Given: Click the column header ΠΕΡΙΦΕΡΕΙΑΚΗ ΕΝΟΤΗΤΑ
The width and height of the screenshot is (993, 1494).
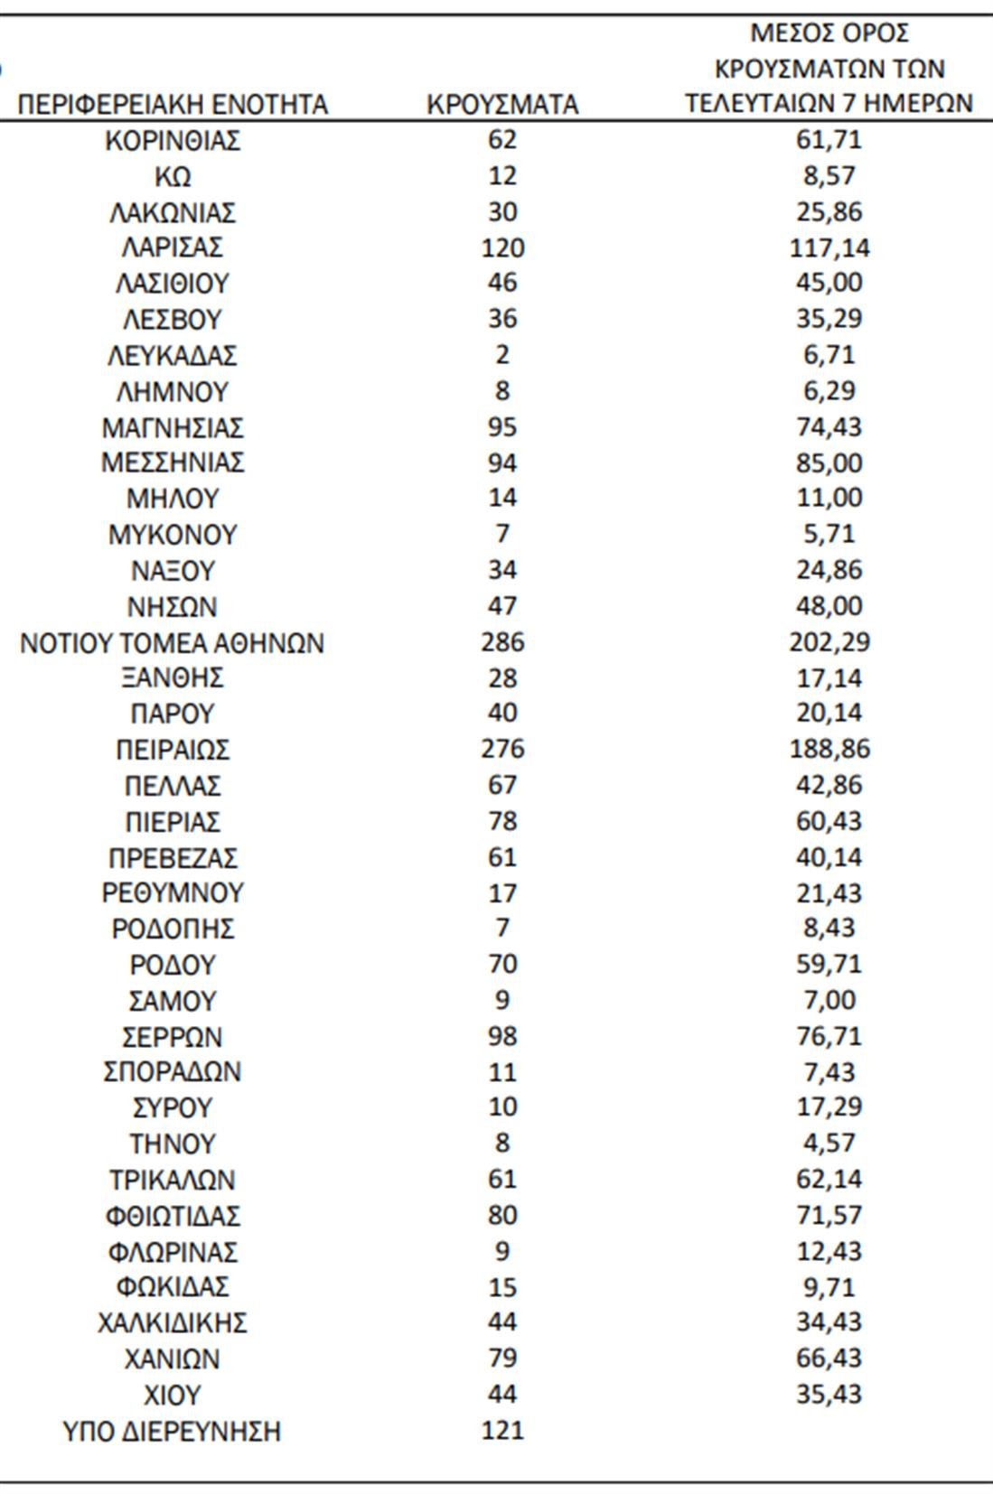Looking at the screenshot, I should pyautogui.click(x=173, y=105).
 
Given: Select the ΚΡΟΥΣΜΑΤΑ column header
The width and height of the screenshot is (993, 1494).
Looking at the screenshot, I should pyautogui.click(x=502, y=105).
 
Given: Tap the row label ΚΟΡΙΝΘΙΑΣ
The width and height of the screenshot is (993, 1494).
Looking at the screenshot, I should pyautogui.click(x=173, y=141).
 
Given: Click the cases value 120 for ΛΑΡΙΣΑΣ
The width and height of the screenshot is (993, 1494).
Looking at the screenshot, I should pyautogui.click(x=502, y=247).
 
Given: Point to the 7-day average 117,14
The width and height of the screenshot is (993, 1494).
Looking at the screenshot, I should pyautogui.click(x=829, y=247).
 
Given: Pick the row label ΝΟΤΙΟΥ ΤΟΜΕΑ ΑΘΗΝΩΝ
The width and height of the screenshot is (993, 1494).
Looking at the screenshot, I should pyautogui.click(x=173, y=643).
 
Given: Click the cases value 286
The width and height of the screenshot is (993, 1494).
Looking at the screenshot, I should pyautogui.click(x=502, y=642).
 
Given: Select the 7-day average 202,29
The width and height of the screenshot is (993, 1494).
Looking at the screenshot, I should pyautogui.click(x=829, y=642).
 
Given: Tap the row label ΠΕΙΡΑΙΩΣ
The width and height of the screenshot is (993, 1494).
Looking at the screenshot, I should pyautogui.click(x=173, y=750).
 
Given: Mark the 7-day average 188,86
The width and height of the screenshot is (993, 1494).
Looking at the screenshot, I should pyautogui.click(x=829, y=749).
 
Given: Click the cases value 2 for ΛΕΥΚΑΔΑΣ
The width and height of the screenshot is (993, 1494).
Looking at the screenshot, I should pyautogui.click(x=502, y=355).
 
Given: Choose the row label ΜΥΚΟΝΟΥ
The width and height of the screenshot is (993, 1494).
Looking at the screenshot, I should pyautogui.click(x=173, y=535).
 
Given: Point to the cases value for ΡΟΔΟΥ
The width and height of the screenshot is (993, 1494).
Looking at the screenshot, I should pyautogui.click(x=502, y=964).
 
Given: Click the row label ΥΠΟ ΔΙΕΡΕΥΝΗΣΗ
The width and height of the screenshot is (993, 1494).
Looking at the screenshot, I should pyautogui.click(x=173, y=1432).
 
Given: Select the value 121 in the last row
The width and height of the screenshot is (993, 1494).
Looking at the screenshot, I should pyautogui.click(x=502, y=1430).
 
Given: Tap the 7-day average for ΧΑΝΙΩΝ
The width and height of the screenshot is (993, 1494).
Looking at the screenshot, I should pyautogui.click(x=829, y=1358).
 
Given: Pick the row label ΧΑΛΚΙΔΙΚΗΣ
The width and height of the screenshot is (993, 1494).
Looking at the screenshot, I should pyautogui.click(x=173, y=1323).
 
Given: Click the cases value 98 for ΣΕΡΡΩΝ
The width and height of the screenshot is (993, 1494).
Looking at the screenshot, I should pyautogui.click(x=502, y=1036).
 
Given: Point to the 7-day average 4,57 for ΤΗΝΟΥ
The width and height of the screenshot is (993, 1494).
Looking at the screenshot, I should pyautogui.click(x=829, y=1143).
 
